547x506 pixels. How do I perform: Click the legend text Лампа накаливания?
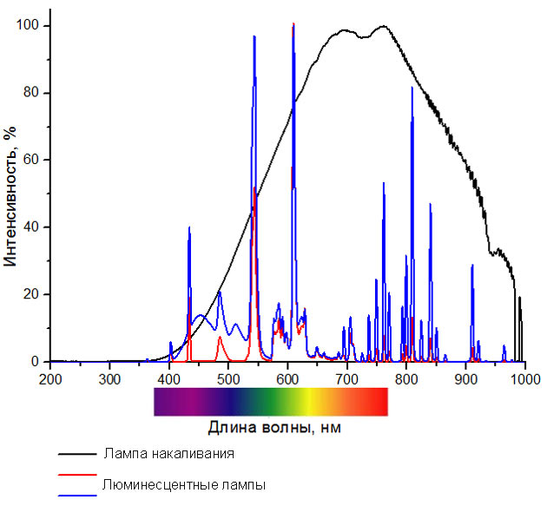[x=168, y=453]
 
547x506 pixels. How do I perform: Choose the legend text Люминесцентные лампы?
[x=183, y=484]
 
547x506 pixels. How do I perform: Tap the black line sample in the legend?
[x=76, y=454]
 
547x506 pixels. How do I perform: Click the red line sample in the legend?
[x=76, y=476]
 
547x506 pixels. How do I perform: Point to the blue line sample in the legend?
[x=76, y=496]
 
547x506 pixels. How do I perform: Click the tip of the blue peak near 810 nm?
[x=412, y=88]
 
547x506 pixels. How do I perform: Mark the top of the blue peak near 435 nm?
[x=189, y=227]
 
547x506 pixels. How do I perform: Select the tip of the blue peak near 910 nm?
[x=472, y=265]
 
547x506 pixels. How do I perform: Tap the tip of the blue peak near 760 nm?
[x=383, y=183]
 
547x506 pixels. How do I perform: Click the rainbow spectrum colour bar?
[x=270, y=402]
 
